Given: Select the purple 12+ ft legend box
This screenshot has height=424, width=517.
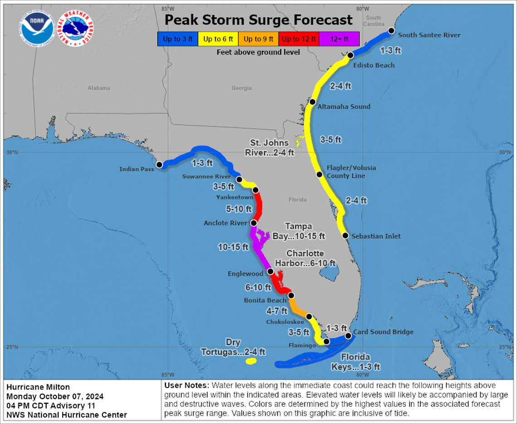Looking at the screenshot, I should (x=339, y=39).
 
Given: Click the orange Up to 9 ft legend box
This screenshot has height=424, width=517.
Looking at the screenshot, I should (x=258, y=39).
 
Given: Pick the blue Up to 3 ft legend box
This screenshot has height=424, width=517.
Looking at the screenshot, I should (x=178, y=39).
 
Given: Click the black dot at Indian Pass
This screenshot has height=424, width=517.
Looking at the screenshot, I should (x=160, y=165).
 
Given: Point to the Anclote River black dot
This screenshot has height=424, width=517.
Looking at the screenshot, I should (x=254, y=223).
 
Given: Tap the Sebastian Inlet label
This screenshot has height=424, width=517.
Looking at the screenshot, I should (x=376, y=236).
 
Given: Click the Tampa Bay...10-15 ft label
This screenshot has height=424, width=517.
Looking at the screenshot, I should (x=298, y=231).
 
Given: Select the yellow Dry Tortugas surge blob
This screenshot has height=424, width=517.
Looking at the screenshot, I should (x=250, y=361).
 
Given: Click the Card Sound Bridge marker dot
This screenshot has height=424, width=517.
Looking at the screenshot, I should (x=348, y=336).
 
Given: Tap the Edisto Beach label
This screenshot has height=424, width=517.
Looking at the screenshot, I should (x=374, y=65).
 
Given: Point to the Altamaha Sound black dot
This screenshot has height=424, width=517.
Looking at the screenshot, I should (x=312, y=102).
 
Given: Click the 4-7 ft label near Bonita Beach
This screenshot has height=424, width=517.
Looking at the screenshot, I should (x=276, y=311).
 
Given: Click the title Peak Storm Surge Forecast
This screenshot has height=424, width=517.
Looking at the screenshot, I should (x=258, y=20).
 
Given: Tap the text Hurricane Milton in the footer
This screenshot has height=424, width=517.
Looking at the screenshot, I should (x=38, y=387).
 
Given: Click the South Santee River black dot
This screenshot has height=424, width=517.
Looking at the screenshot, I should (x=391, y=31).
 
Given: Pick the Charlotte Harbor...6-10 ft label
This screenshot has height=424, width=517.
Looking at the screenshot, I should (x=311, y=258).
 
